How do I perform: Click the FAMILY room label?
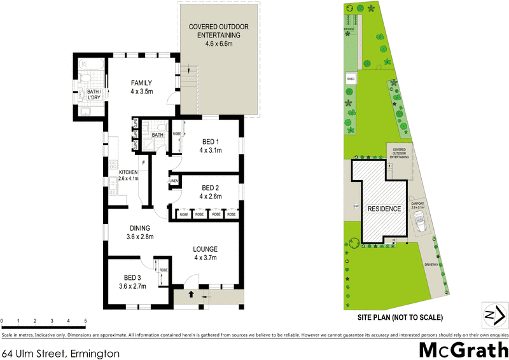click(142, 83)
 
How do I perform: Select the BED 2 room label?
click(211, 188)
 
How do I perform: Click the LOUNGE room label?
click(206, 249)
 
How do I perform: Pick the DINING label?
click(139, 228)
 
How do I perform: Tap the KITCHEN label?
click(128, 172)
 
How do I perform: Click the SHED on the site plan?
click(350, 80)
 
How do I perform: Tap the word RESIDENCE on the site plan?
click(384, 209)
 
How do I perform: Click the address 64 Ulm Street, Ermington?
click(61, 352)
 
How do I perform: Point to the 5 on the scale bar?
click(85, 321)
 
